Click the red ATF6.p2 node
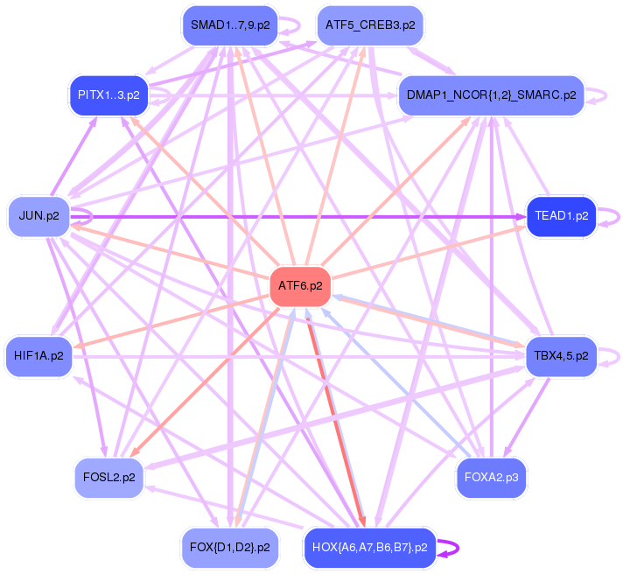300,285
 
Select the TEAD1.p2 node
561,215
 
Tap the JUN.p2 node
38,215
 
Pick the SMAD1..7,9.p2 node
229,24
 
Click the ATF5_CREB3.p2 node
369,24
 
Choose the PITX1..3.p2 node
108,94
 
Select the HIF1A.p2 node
38,355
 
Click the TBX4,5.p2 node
561,355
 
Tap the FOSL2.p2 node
108,477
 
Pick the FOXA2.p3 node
491,477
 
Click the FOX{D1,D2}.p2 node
229,547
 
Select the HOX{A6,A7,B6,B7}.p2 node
369,547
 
